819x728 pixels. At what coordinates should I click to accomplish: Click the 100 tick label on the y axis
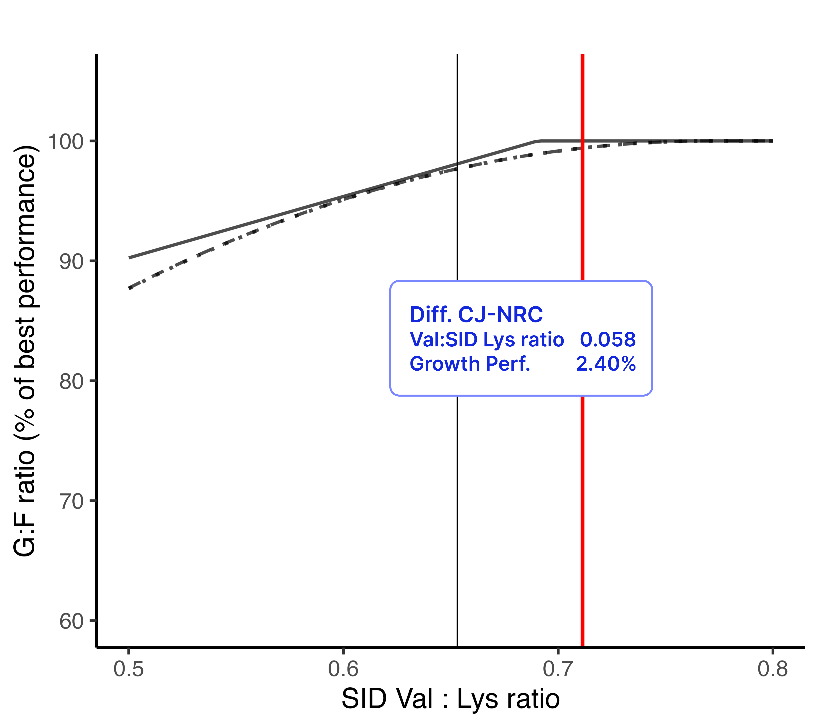65,142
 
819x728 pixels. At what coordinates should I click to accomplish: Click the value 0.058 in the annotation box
607,340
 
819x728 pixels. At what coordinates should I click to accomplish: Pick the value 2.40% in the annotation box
605,364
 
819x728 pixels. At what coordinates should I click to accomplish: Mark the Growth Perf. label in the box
470,364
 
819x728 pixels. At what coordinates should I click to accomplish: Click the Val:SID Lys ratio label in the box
486,340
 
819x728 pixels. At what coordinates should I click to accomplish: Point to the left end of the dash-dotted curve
129,288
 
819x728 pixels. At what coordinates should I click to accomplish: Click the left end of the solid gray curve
129,258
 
